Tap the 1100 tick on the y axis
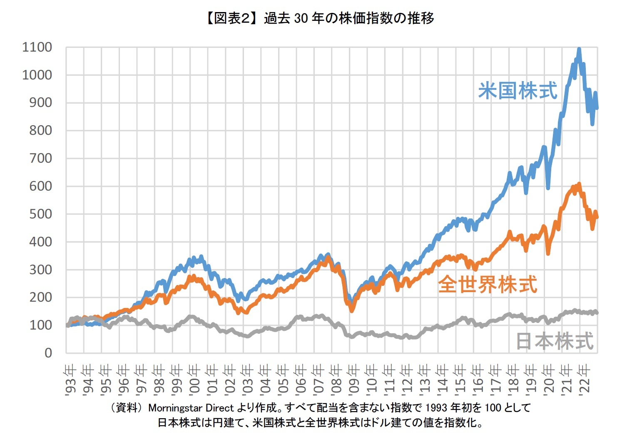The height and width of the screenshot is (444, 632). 37,47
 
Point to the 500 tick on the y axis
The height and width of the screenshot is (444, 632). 40,214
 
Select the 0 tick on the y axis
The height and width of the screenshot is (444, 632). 48,353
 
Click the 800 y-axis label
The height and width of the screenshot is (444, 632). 40,131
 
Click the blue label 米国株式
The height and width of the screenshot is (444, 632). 517,91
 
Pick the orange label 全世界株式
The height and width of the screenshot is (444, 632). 488,285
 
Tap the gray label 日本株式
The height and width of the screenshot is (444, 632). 554,341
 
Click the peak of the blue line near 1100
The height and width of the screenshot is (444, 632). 579,50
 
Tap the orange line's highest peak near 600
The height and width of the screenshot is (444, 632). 579,184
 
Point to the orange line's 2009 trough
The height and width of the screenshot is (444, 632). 352,310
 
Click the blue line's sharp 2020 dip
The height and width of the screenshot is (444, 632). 548,188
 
